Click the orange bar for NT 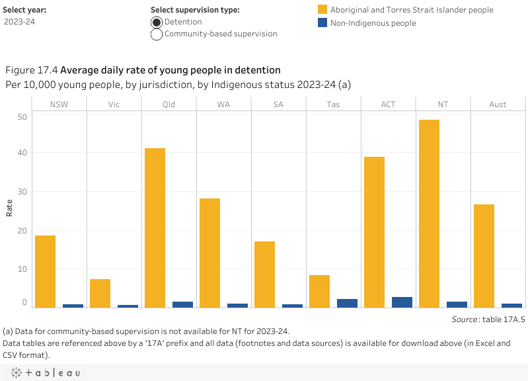pyautogui.click(x=429, y=213)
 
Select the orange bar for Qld pyautogui.click(x=155, y=228)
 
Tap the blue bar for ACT pyautogui.click(x=402, y=302)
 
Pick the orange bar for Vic pyautogui.click(x=100, y=293)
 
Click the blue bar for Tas pyautogui.click(x=347, y=303)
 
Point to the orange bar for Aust pyautogui.click(x=484, y=255)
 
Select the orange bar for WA pyautogui.click(x=209, y=253)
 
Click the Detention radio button pyautogui.click(x=157, y=22)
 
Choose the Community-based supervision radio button pyautogui.click(x=157, y=34)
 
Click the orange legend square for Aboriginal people pyautogui.click(x=322, y=10)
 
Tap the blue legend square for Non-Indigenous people pyautogui.click(x=322, y=22)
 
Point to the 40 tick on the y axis pyautogui.click(x=22, y=153)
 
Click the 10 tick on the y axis pyautogui.click(x=22, y=269)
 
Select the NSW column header pyautogui.click(x=59, y=105)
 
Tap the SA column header pyautogui.click(x=278, y=105)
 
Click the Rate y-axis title pyautogui.click(x=9, y=208)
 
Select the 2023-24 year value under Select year pyautogui.click(x=20, y=22)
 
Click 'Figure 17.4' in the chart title pyautogui.click(x=31, y=70)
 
